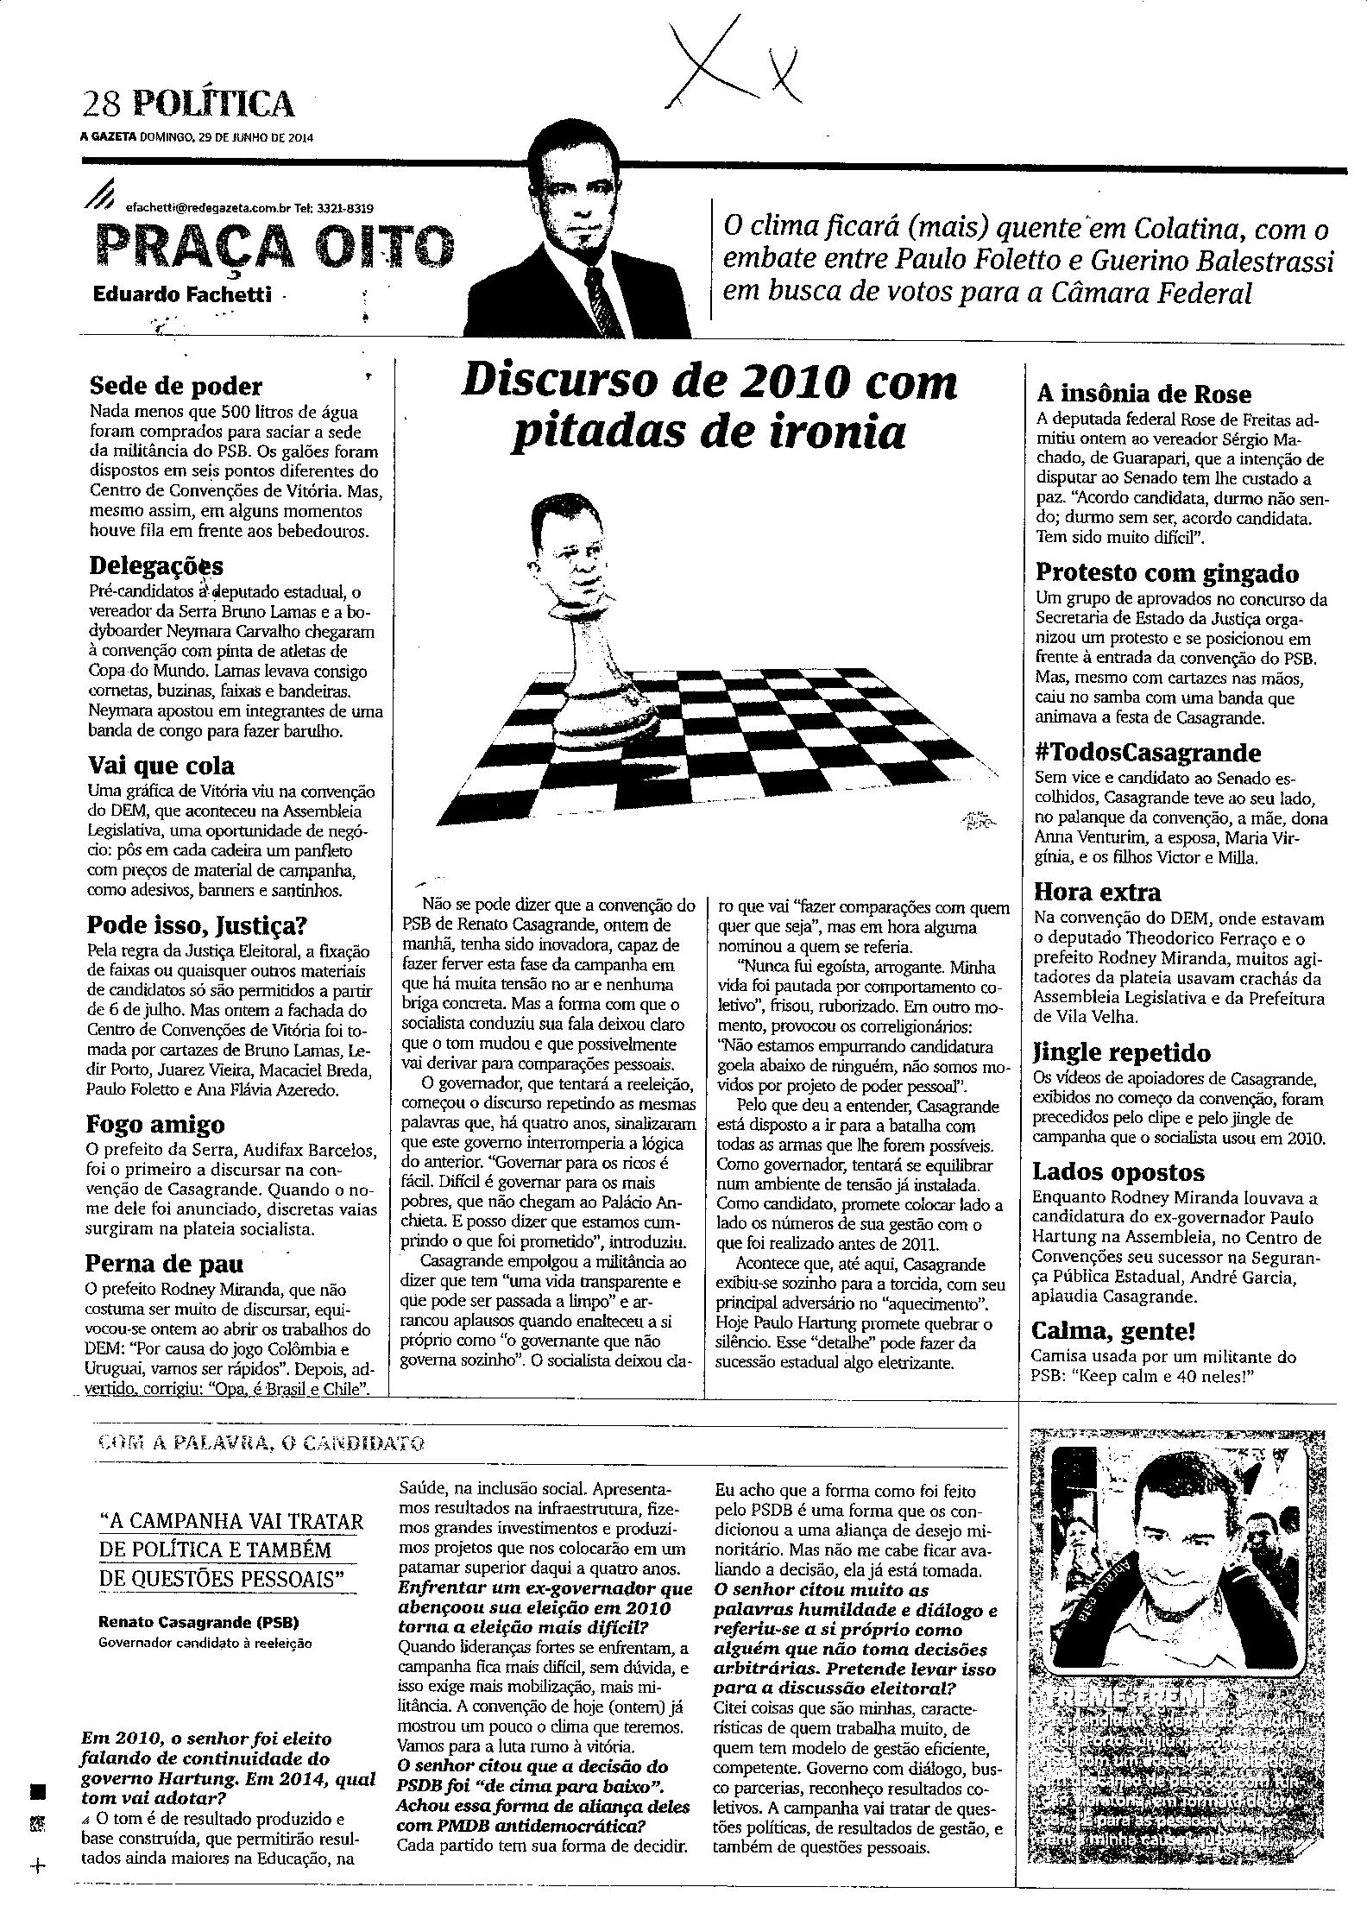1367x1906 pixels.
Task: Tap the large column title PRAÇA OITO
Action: [274, 247]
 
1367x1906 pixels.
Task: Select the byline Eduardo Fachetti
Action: [182, 295]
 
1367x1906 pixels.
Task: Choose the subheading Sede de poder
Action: [175, 386]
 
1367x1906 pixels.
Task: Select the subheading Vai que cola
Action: [161, 766]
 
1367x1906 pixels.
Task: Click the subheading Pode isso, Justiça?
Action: [197, 926]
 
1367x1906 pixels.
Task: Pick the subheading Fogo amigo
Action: [155, 1125]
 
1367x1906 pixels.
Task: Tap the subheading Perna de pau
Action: [165, 1264]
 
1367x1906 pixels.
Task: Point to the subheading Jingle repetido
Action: [1121, 1053]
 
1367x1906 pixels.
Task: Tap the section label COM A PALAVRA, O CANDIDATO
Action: [261, 1442]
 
